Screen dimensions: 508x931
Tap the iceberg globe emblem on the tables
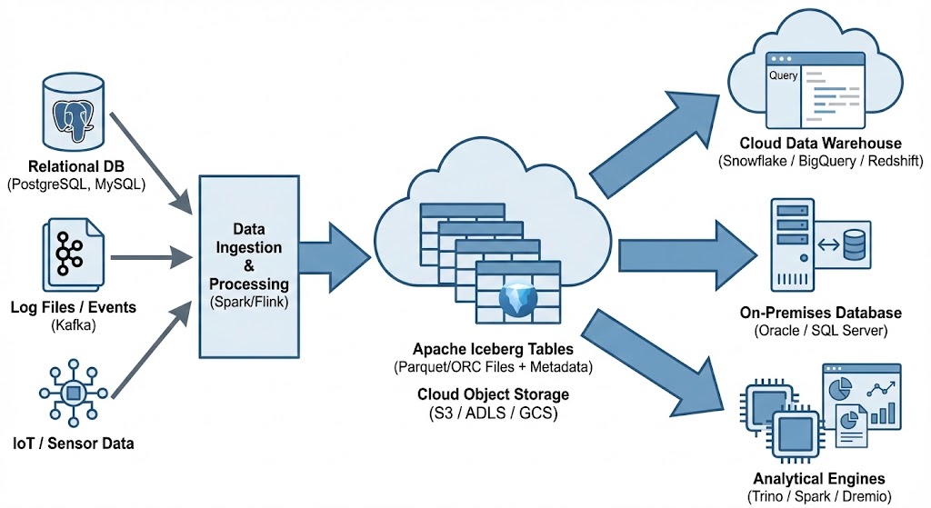(520, 299)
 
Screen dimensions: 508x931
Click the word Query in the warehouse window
(783, 76)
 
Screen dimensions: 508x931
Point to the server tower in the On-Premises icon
(792, 245)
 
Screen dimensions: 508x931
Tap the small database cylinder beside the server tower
(854, 244)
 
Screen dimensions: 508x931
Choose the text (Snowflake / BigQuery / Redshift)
(820, 162)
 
